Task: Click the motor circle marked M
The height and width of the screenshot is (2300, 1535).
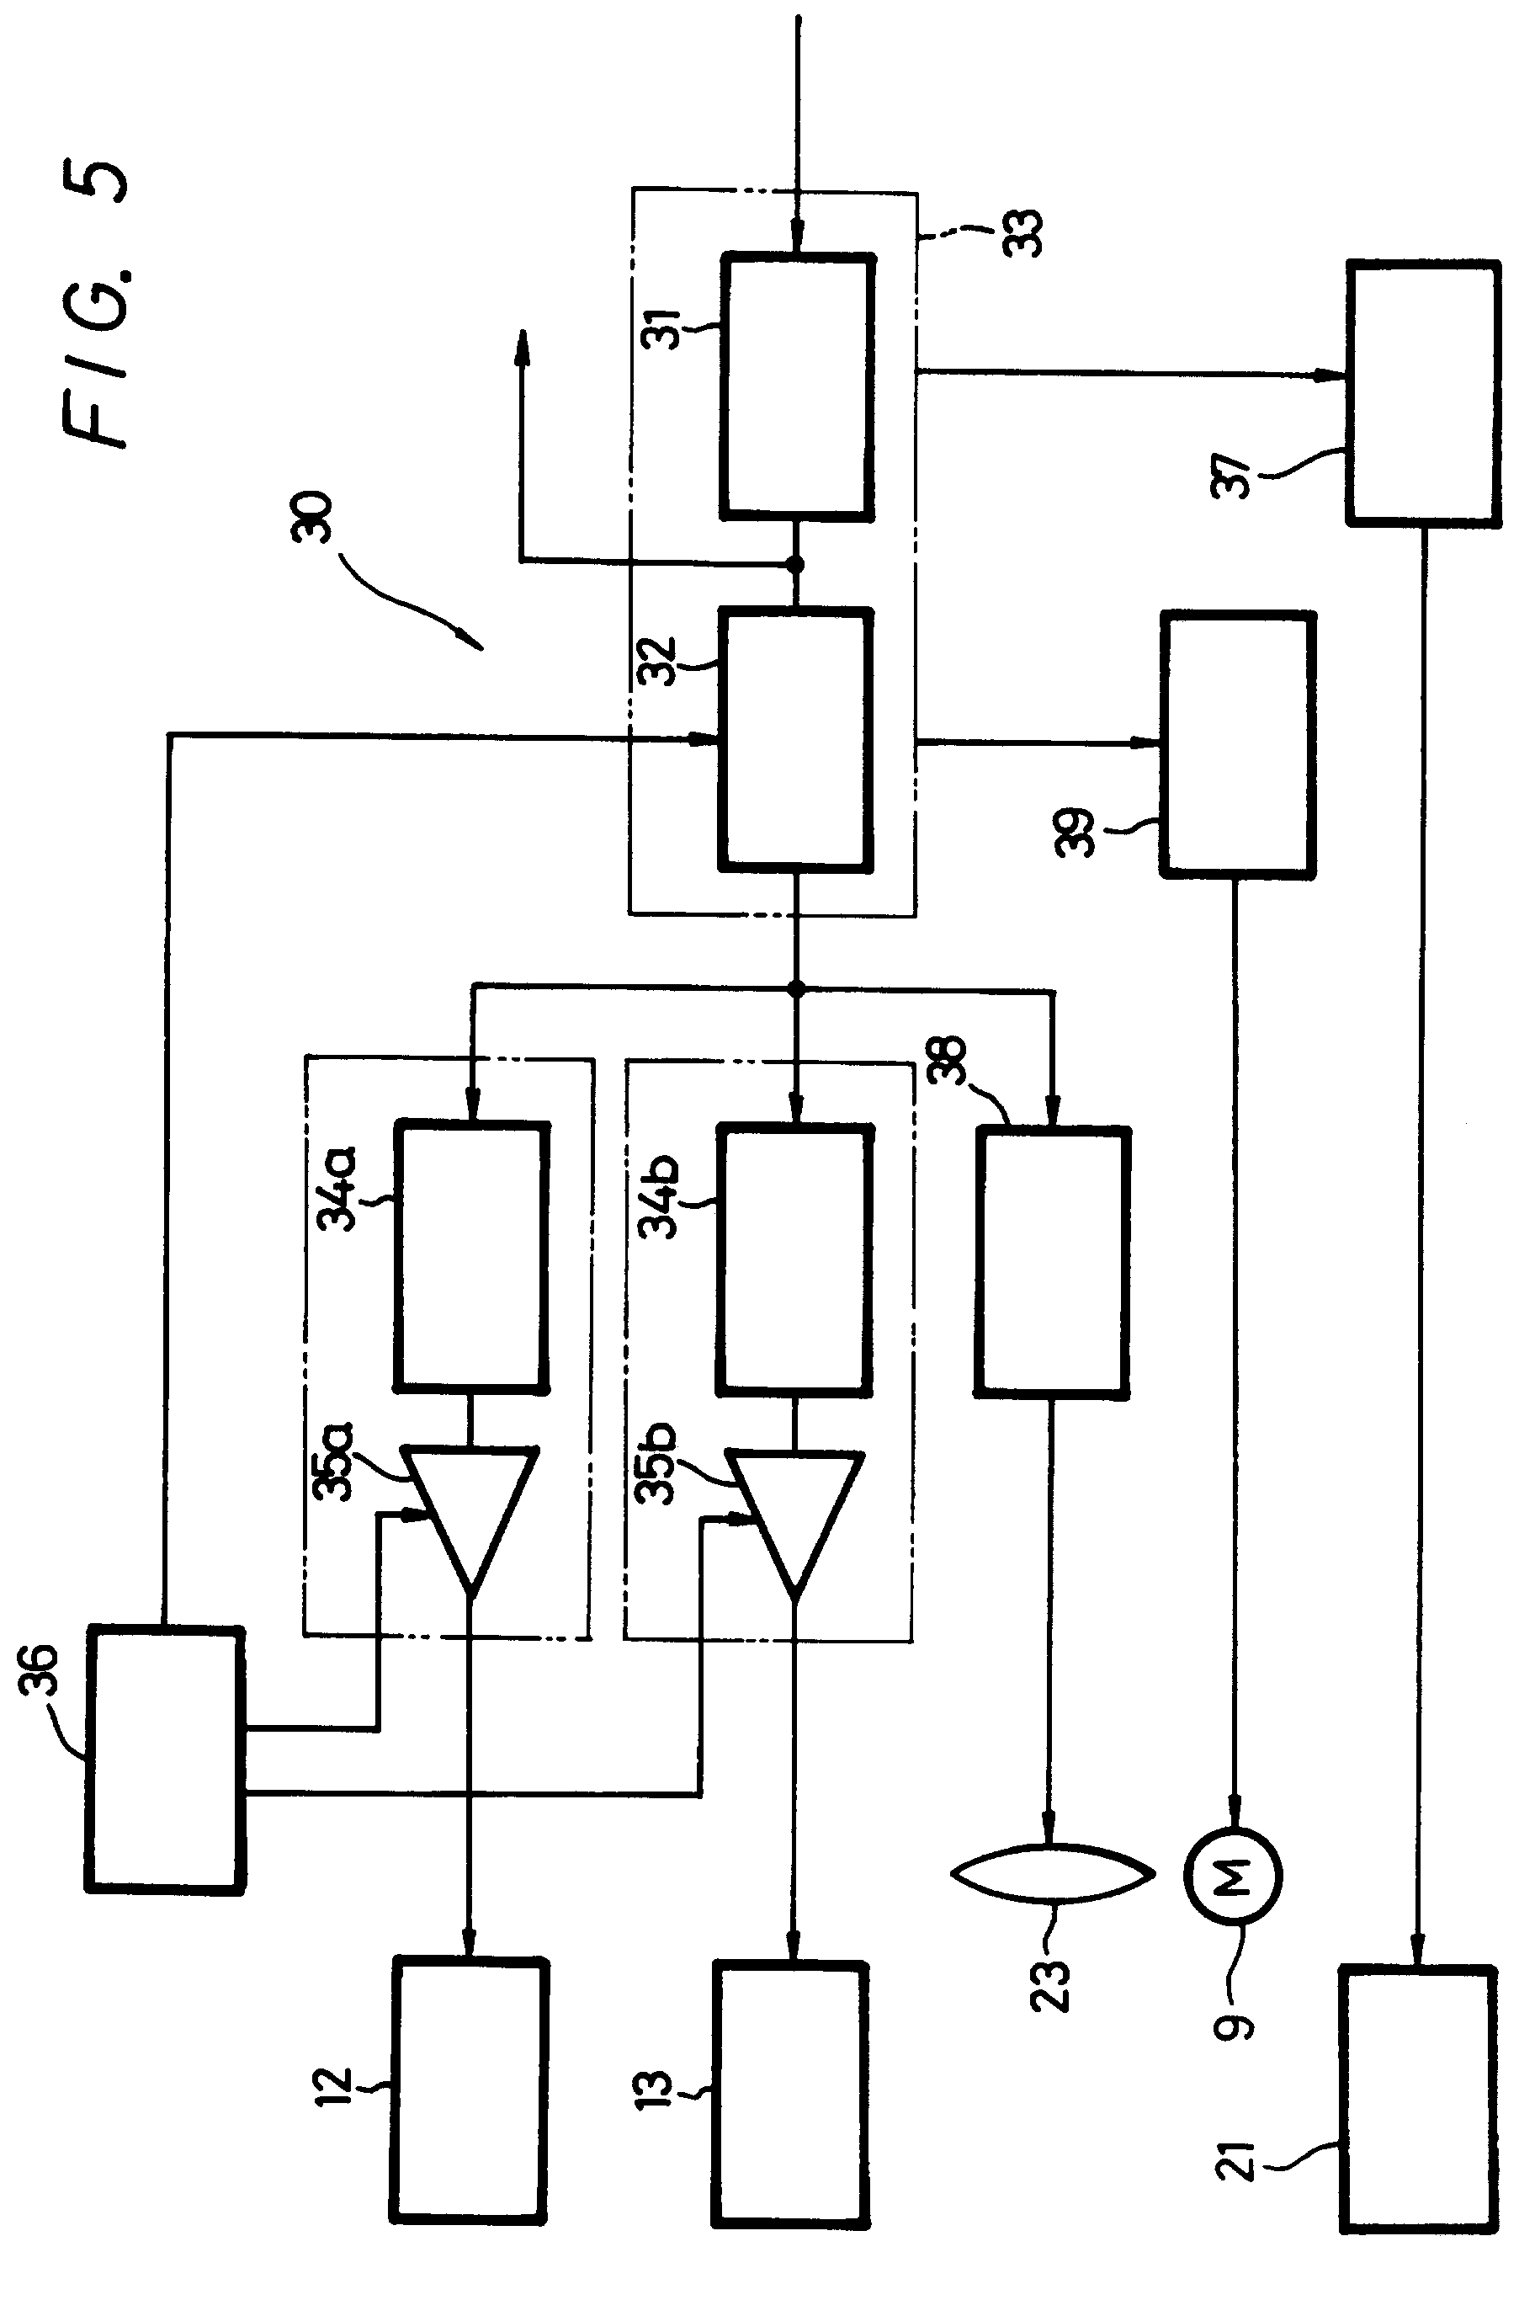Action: tap(1233, 1876)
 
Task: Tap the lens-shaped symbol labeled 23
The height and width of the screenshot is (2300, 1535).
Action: tap(1053, 1874)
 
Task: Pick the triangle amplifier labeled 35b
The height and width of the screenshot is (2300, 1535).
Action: tap(796, 1519)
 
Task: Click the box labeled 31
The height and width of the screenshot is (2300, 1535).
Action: tap(797, 386)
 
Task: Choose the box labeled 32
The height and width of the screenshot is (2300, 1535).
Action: tap(796, 739)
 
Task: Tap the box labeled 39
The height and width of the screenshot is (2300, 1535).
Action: tap(1237, 744)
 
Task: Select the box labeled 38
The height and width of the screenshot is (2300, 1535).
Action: tap(1053, 1262)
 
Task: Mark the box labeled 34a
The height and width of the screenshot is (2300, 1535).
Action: tap(471, 1259)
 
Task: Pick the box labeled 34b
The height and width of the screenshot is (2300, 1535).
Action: tap(795, 1261)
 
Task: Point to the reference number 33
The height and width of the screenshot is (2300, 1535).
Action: tap(1024, 233)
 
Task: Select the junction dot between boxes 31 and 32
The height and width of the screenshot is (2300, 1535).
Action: tap(796, 564)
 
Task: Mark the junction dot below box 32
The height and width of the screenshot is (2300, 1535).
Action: tap(796, 990)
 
